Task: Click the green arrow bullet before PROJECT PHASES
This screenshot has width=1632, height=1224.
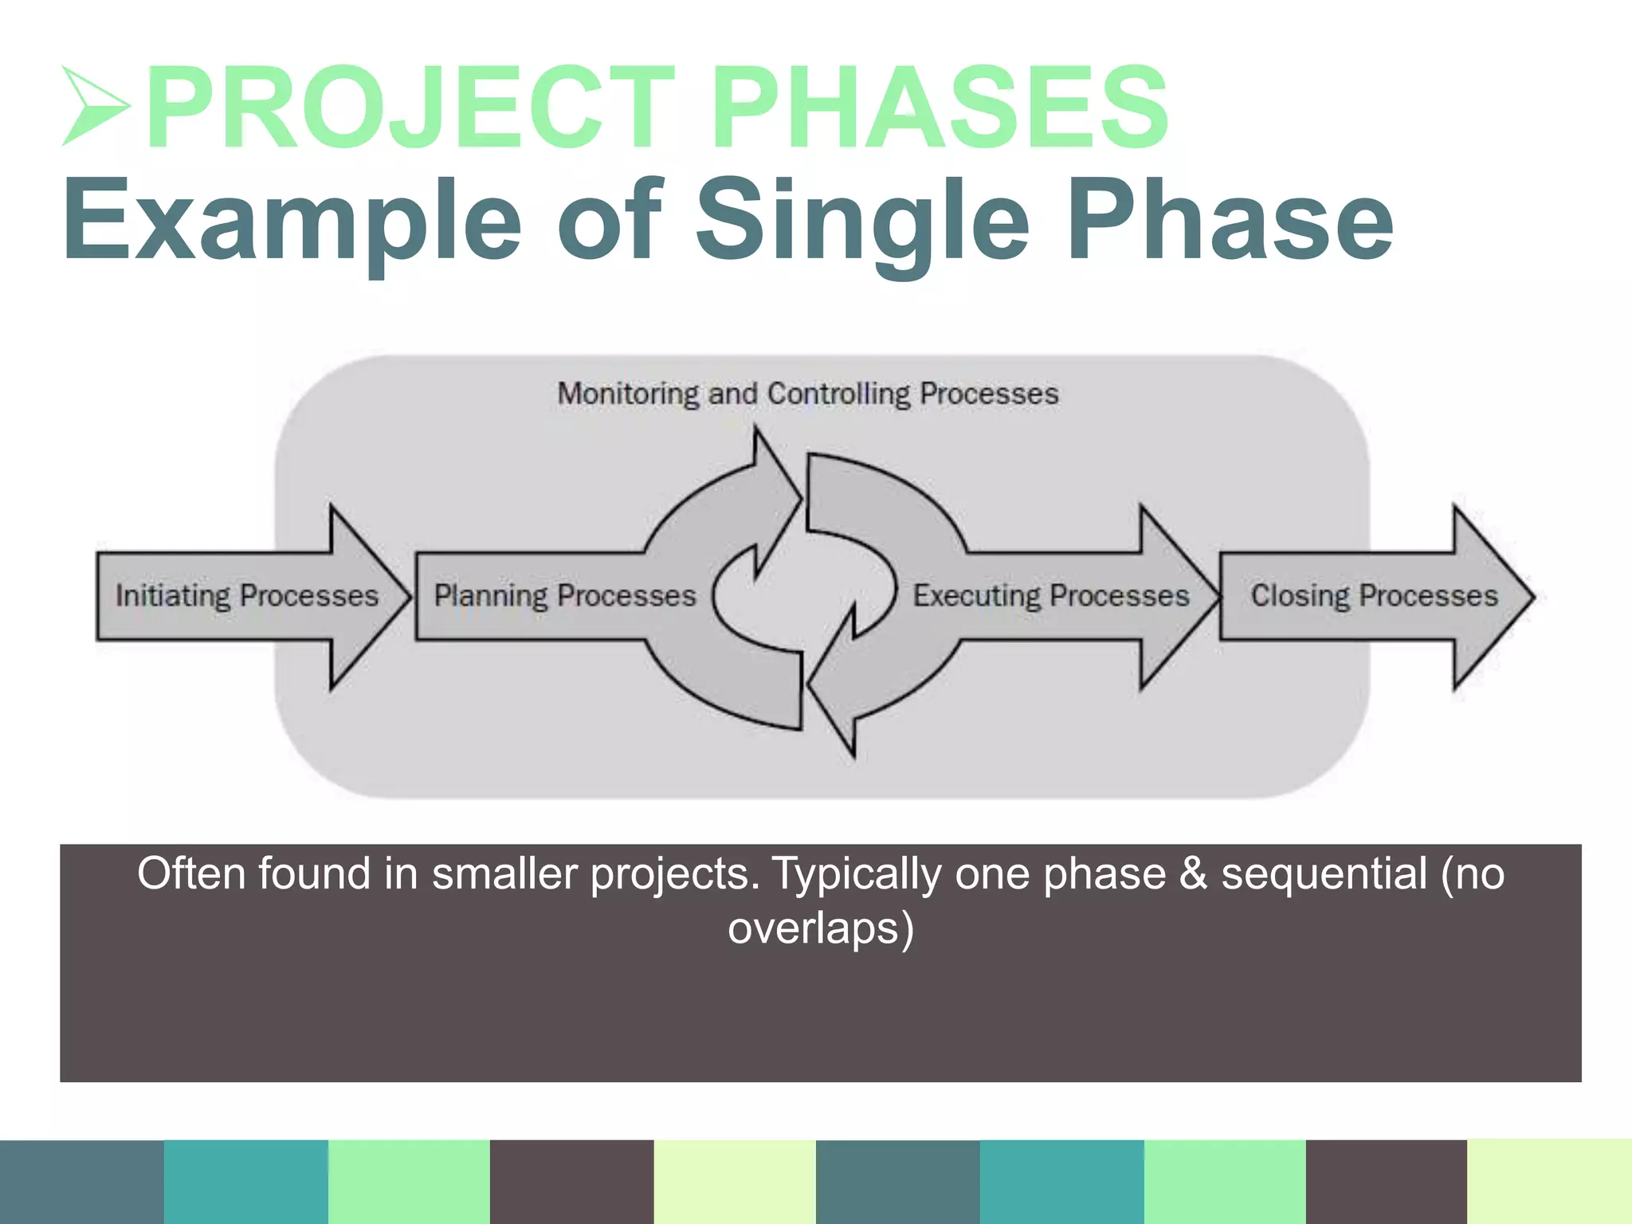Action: [x=94, y=106]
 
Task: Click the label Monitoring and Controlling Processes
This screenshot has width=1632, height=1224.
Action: [x=807, y=394]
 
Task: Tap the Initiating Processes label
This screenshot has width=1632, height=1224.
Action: [x=246, y=596]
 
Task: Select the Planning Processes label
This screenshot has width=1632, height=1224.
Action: [x=564, y=596]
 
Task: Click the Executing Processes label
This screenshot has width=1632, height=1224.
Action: [x=1050, y=596]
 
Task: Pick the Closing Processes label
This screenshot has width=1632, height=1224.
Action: [x=1373, y=596]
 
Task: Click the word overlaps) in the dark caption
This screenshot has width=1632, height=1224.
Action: [x=820, y=929]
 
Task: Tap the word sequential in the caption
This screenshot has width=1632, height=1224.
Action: [x=1324, y=873]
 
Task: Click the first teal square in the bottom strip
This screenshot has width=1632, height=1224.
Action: [x=245, y=1182]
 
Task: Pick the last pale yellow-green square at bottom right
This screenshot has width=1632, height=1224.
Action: [x=1549, y=1182]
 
